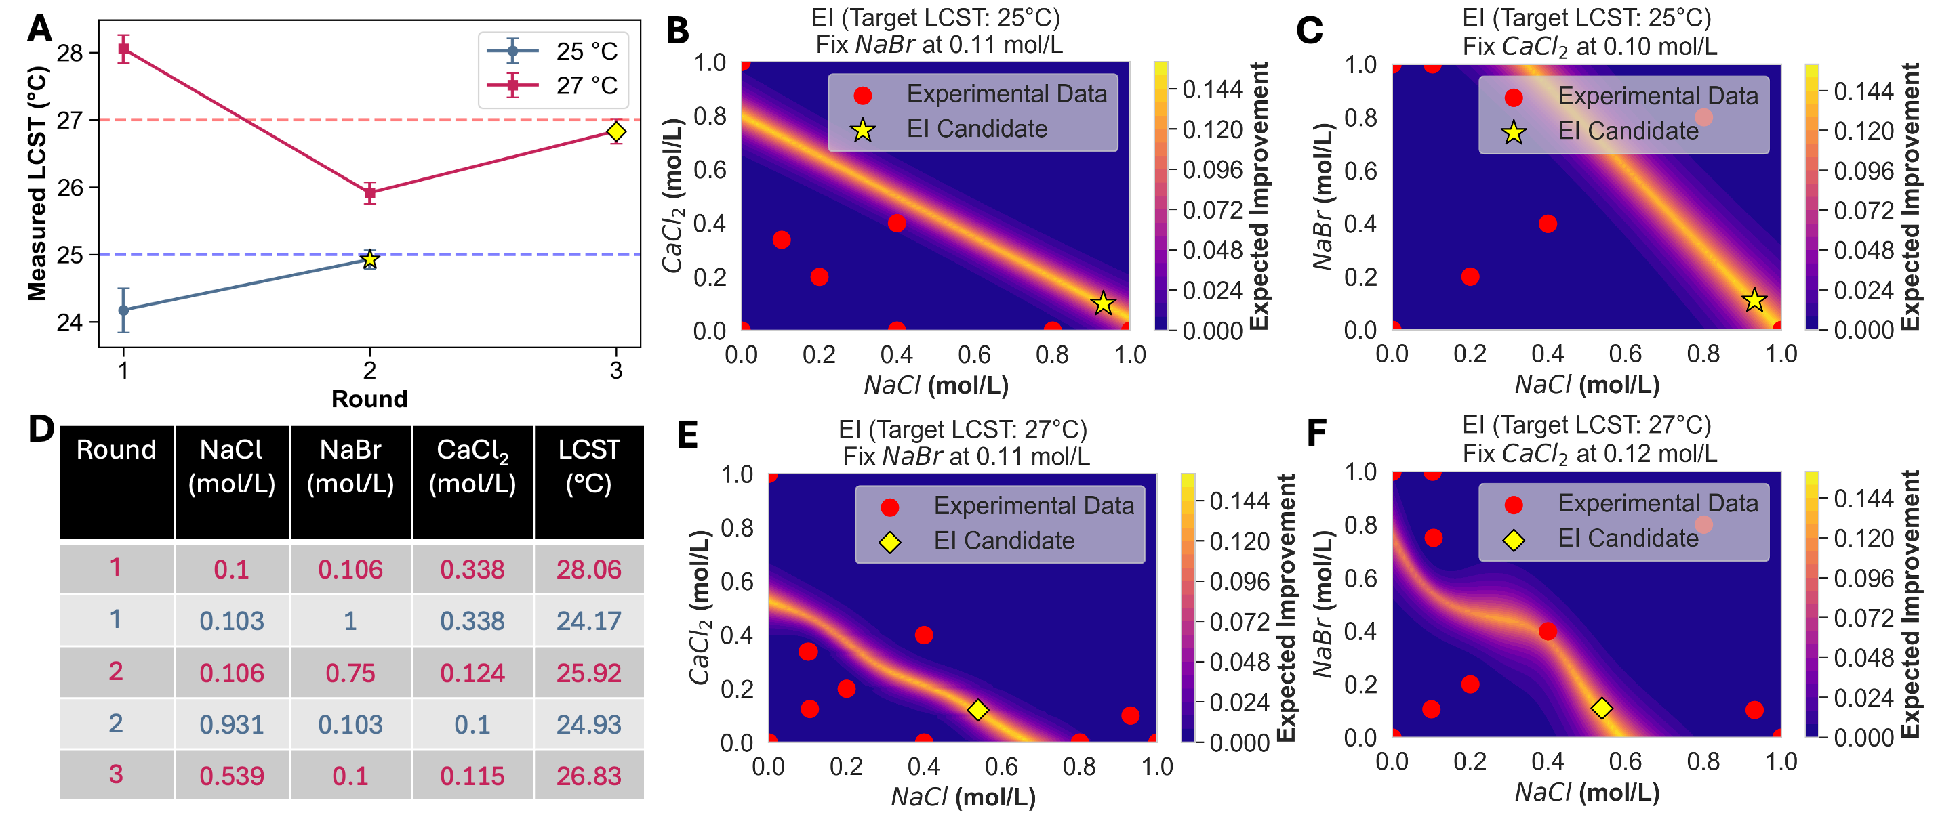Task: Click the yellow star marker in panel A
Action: [369, 259]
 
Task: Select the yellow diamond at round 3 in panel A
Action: [616, 131]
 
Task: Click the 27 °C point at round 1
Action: [124, 49]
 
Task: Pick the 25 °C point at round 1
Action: [124, 310]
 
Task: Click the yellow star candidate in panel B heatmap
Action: [1103, 303]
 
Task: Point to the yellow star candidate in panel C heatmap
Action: [1754, 300]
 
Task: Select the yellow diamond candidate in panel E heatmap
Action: [977, 710]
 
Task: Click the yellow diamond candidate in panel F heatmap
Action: [1602, 708]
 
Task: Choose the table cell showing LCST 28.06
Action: [588, 569]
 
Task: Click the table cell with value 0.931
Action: [232, 724]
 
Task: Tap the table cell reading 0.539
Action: [232, 776]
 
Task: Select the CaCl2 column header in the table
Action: [472, 466]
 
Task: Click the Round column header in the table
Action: [116, 450]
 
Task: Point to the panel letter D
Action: [41, 429]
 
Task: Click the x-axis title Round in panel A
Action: [369, 398]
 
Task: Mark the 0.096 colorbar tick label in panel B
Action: [1211, 170]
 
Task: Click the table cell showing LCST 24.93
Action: [588, 724]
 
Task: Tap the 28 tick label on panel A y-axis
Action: [70, 53]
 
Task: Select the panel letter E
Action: [687, 435]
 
